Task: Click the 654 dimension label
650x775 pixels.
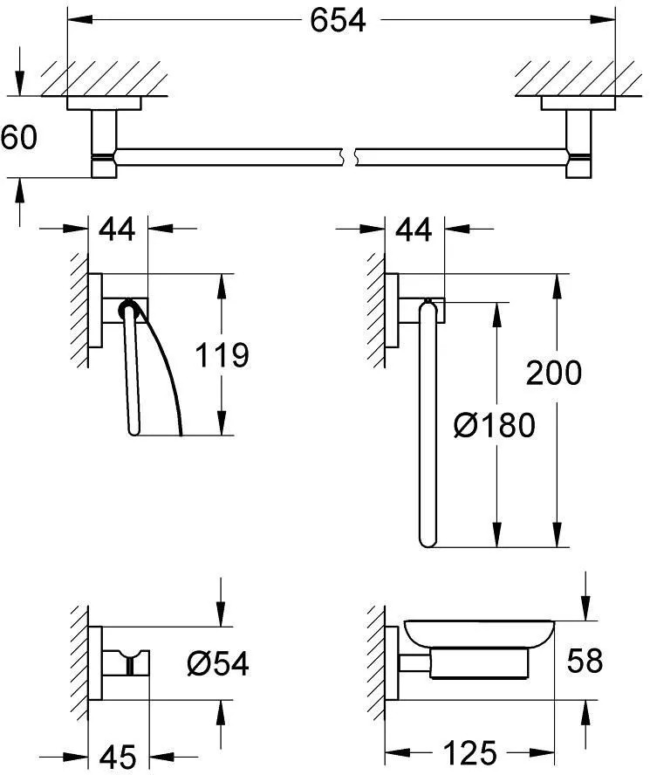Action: point(339,20)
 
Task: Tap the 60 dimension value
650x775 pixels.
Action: point(19,137)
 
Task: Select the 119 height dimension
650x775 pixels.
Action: point(222,354)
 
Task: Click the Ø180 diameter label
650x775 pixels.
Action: point(495,425)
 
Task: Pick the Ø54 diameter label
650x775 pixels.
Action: point(218,663)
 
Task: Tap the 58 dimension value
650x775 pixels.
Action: point(585,660)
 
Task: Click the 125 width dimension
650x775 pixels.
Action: point(469,753)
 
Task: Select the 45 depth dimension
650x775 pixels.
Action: point(118,756)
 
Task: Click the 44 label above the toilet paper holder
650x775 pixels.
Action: point(117,229)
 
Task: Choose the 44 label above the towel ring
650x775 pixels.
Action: point(414,229)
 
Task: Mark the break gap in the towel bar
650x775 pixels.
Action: point(348,156)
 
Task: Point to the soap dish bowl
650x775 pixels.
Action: point(479,633)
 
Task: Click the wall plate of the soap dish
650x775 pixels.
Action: point(392,663)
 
